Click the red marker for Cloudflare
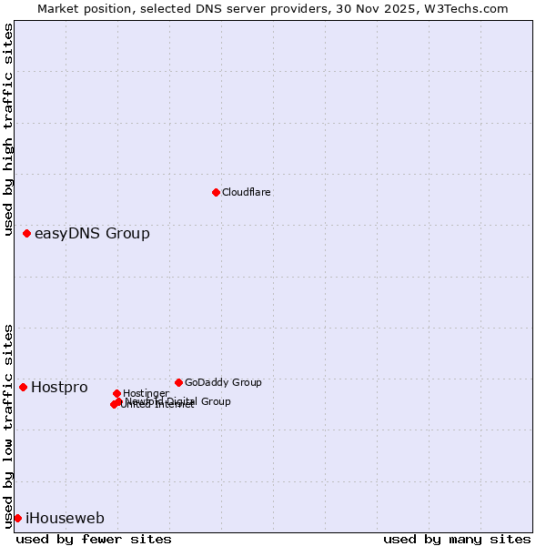[x=216, y=192]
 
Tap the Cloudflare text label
[x=247, y=193]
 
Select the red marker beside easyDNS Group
[x=27, y=234]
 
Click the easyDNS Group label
[x=92, y=234]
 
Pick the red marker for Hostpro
[x=24, y=388]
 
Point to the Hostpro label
[x=59, y=388]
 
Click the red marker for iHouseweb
[x=18, y=519]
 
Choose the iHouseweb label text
[x=65, y=519]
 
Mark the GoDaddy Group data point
[x=178, y=383]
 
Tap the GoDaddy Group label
[x=223, y=383]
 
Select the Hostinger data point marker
[x=117, y=393]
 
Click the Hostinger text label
[x=147, y=393]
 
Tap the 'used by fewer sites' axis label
[x=94, y=540]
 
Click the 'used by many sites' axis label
[x=457, y=540]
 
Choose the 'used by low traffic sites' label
[x=9, y=426]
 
